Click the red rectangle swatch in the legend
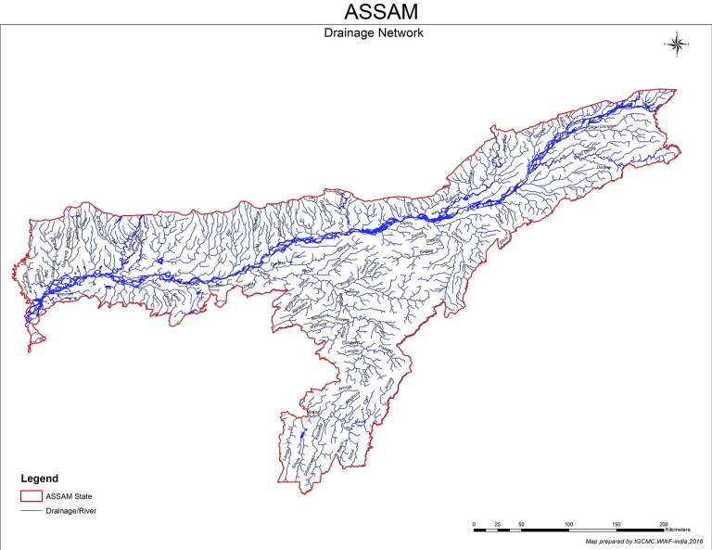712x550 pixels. [x=32, y=496]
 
